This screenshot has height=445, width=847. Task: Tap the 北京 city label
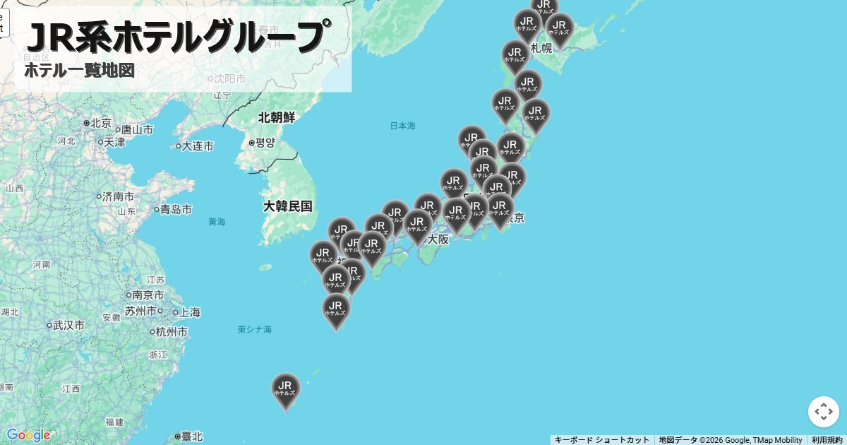click(x=100, y=123)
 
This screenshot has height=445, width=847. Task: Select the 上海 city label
click(x=188, y=311)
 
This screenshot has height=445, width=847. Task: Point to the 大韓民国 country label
click(x=287, y=206)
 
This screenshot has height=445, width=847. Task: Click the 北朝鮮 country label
click(x=277, y=117)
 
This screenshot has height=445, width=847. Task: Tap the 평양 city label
click(x=264, y=143)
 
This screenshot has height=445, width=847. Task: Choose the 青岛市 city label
click(x=175, y=209)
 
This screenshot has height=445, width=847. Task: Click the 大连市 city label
click(x=197, y=146)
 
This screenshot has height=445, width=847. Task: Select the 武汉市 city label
click(x=68, y=325)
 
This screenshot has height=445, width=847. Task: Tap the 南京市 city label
click(x=148, y=295)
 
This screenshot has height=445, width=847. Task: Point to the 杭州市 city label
click(x=172, y=331)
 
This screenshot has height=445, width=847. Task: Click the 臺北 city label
click(x=191, y=437)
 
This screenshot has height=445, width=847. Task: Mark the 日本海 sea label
click(x=402, y=126)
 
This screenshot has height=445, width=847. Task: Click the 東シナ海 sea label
click(x=254, y=329)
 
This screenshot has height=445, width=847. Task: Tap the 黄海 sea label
click(x=217, y=222)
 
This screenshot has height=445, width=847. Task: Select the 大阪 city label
click(x=438, y=239)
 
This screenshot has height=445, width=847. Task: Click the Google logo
click(x=28, y=434)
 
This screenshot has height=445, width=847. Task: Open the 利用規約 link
click(x=827, y=440)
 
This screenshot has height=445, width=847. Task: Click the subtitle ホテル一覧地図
click(x=79, y=71)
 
